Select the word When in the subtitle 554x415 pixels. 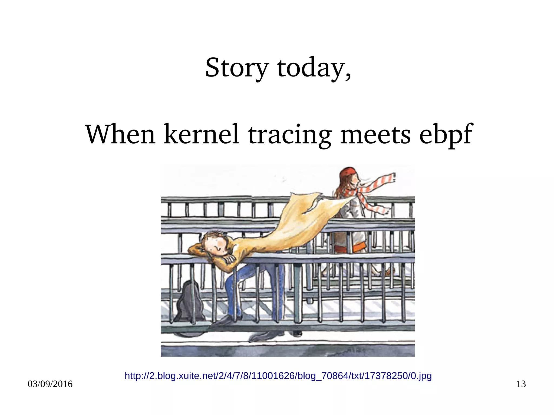120,134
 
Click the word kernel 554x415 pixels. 202,134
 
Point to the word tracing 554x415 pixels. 289,134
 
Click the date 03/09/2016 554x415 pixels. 50,384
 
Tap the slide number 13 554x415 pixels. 521,384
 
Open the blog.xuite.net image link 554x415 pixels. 278,376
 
